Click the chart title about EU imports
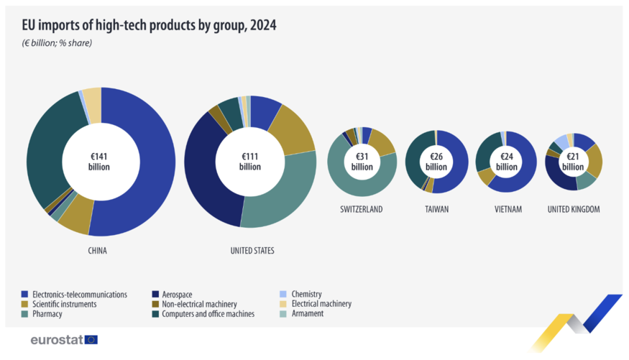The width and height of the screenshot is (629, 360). point(149,25)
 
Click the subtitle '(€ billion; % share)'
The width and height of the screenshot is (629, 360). point(57,43)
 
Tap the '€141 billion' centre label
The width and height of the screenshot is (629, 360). point(100,162)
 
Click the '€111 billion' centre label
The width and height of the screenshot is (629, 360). point(250,162)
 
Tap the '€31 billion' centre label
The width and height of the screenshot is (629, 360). point(362,162)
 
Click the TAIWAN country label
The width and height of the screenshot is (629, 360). point(436,209)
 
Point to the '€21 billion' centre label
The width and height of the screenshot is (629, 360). point(573,162)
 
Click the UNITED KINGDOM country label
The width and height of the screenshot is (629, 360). point(573,209)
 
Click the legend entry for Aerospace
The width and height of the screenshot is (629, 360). point(177,295)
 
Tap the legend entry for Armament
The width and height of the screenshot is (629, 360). point(307,314)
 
